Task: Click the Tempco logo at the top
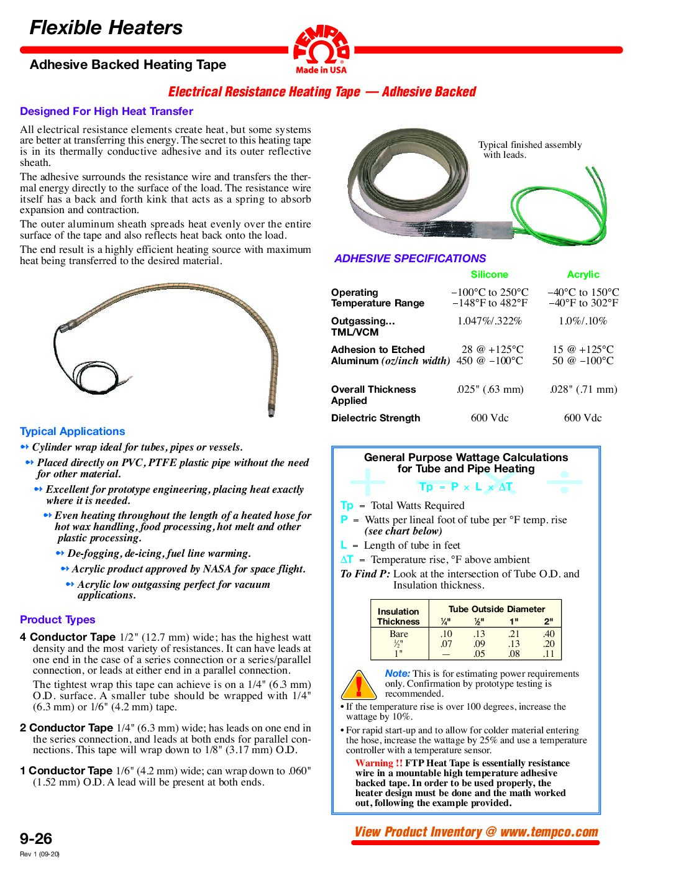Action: click(x=321, y=49)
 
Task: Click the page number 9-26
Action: click(x=36, y=838)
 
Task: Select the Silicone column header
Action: click(x=489, y=275)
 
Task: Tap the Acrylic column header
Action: click(x=583, y=275)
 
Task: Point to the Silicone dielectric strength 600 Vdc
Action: click(x=490, y=418)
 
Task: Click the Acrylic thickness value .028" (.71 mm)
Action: click(x=583, y=390)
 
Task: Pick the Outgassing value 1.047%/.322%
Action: click(x=490, y=321)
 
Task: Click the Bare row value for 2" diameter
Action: click(x=548, y=634)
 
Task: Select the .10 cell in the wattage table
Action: click(x=446, y=634)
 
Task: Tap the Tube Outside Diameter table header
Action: click(x=496, y=610)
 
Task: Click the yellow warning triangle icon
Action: click(x=359, y=685)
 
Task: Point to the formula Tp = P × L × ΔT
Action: click(x=466, y=487)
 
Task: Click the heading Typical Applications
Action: click(x=72, y=431)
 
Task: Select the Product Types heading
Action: click(x=57, y=620)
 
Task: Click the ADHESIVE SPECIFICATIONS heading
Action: click(x=410, y=259)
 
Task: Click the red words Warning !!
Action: click(x=379, y=764)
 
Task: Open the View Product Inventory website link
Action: click(x=476, y=832)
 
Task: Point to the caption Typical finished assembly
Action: click(x=529, y=145)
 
